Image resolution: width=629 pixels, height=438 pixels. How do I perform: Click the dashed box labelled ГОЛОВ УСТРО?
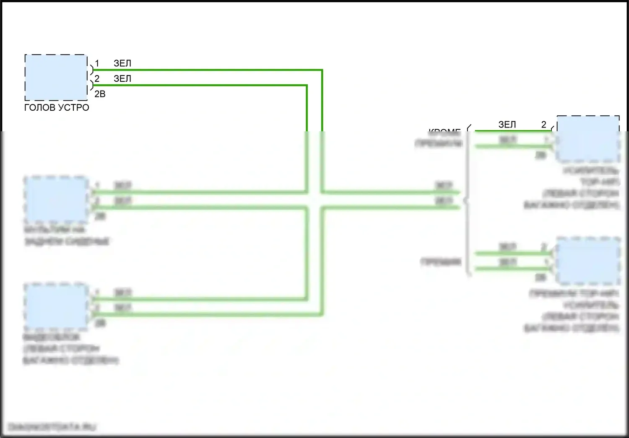click(56, 78)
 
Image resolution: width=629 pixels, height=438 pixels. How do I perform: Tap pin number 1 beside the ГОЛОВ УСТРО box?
click(97, 63)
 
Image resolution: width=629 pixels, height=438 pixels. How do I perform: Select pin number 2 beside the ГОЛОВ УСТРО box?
click(97, 78)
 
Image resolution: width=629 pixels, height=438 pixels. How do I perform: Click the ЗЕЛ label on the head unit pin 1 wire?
click(122, 63)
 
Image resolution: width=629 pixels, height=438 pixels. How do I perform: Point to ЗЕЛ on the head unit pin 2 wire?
click(122, 78)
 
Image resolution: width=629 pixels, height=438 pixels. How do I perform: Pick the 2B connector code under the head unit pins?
click(100, 94)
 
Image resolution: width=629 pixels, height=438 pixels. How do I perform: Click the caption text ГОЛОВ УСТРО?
click(57, 107)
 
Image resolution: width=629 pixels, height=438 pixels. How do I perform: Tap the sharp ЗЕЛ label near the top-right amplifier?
click(507, 125)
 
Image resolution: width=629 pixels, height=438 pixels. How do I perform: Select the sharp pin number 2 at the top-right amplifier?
click(544, 125)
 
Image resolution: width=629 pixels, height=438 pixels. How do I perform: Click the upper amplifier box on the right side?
click(588, 139)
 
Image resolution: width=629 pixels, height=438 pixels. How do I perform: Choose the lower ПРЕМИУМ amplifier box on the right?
click(588, 261)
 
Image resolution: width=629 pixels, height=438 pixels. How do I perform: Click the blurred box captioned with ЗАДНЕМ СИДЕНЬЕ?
click(56, 199)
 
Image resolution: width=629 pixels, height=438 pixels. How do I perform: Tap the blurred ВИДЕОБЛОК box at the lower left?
click(56, 306)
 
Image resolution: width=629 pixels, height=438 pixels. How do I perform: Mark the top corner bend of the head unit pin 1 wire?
click(322, 70)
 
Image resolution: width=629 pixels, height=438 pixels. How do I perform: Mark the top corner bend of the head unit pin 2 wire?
click(307, 86)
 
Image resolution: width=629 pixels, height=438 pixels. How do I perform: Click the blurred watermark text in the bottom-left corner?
click(52, 427)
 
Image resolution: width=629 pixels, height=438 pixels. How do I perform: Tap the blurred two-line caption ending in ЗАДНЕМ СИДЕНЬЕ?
click(67, 235)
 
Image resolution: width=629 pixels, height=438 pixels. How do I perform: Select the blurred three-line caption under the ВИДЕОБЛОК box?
click(70, 349)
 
